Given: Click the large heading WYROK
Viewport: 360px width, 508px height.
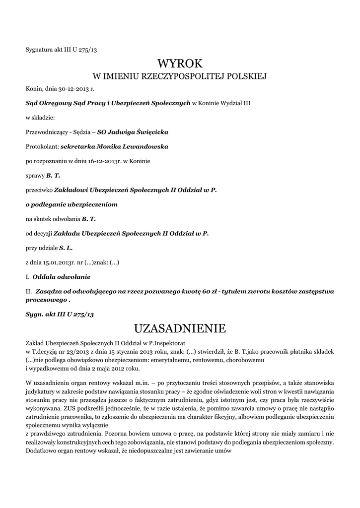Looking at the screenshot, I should pyautogui.click(x=180, y=64).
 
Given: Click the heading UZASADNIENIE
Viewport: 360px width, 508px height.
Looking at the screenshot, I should pyautogui.click(x=180, y=328).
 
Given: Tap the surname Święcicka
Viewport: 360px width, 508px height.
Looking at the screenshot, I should pyautogui.click(x=152, y=132).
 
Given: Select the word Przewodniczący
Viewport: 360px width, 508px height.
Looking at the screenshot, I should pyautogui.click(x=48, y=132).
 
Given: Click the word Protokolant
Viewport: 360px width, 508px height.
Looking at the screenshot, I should pyautogui.click(x=42, y=147).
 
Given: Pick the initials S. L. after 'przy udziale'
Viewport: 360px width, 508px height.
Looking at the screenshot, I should pyautogui.click(x=66, y=247).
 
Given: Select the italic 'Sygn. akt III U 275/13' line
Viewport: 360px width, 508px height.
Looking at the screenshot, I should pyautogui.click(x=60, y=315).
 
